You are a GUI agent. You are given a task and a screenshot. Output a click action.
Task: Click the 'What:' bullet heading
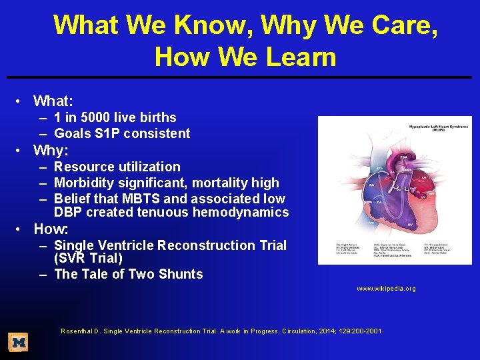(53, 101)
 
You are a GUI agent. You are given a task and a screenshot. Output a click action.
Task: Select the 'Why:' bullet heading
(51, 150)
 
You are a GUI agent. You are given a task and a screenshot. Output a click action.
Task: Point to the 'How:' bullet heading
(51, 229)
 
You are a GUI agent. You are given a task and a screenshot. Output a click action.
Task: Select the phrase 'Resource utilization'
(117, 167)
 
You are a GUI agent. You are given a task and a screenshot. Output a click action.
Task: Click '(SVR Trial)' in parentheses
(89, 258)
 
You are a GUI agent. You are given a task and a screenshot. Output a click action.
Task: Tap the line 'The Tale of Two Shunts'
(128, 274)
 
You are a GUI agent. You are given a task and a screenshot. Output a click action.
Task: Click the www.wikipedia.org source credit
(386, 289)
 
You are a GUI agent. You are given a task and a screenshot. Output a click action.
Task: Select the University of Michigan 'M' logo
(19, 343)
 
